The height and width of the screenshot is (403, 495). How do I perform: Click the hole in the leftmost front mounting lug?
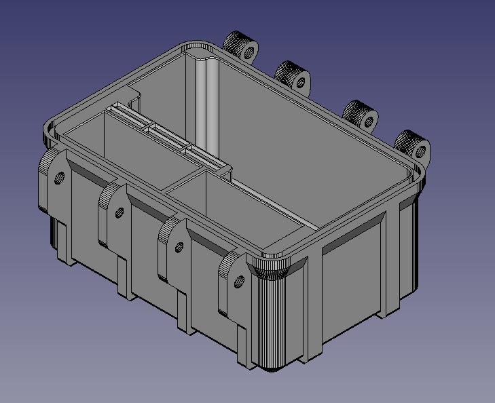[x=59, y=178]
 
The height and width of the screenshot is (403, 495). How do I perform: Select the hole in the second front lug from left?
[x=120, y=212]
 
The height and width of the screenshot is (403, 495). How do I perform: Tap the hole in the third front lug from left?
[x=179, y=246]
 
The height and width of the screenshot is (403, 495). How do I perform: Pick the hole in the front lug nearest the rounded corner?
[x=239, y=280]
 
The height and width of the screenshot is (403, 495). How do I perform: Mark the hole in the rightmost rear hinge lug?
[x=421, y=151]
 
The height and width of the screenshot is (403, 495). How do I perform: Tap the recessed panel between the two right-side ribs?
[x=353, y=278]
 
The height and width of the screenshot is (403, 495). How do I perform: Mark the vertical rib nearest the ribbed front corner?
[x=314, y=305]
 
